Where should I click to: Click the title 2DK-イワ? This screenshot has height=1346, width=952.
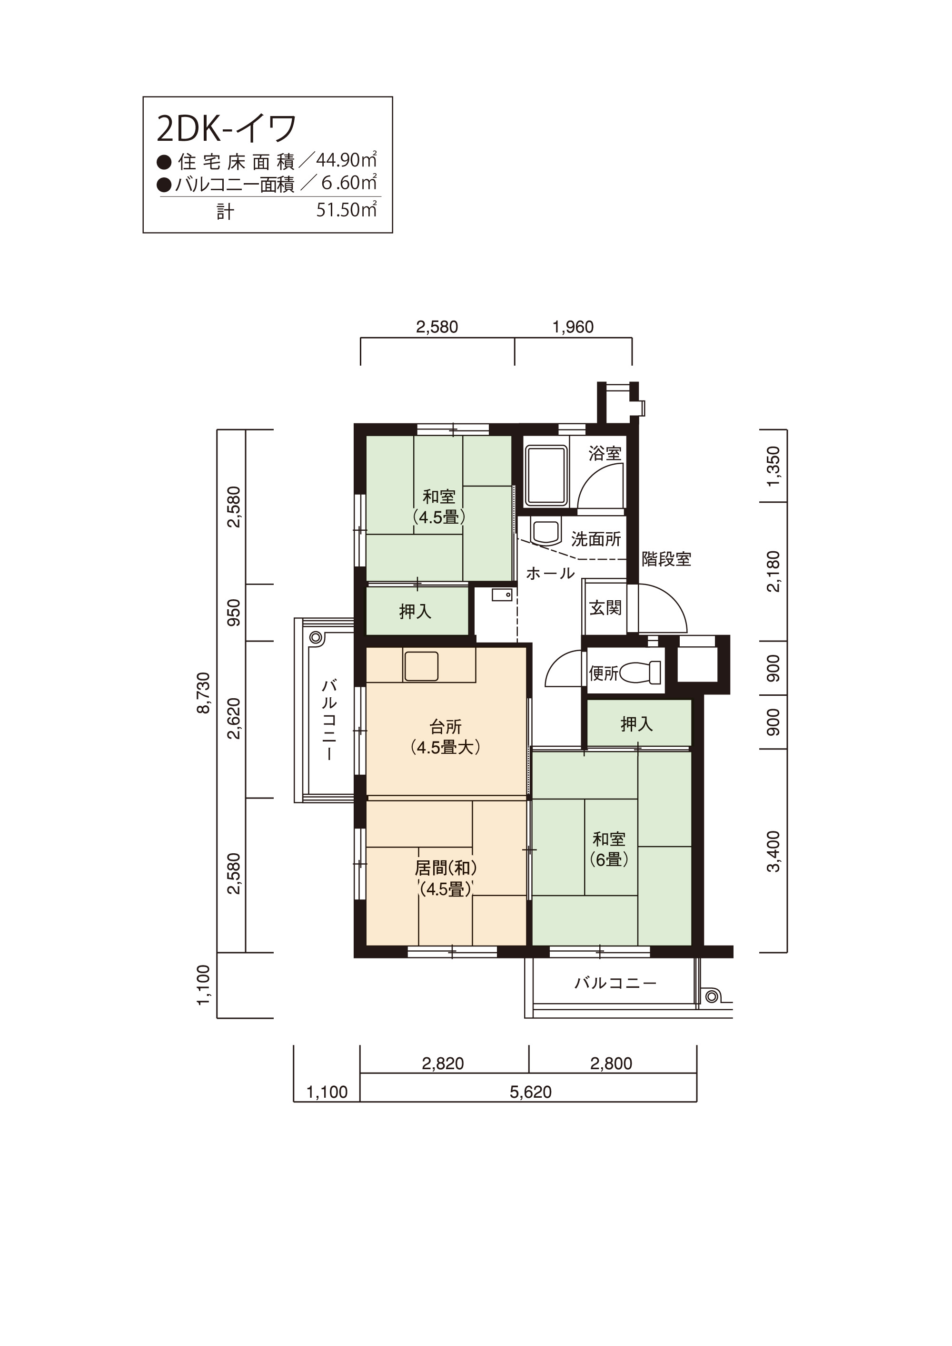(227, 129)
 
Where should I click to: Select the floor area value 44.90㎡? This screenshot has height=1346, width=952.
(346, 159)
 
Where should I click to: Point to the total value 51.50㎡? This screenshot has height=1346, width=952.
(346, 209)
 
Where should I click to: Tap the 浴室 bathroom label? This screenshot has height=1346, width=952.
(605, 453)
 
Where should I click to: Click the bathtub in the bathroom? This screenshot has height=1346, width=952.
(546, 476)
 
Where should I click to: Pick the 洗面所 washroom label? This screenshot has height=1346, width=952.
(596, 539)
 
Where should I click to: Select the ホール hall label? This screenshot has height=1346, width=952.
(550, 573)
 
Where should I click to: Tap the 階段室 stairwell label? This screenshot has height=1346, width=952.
(666, 559)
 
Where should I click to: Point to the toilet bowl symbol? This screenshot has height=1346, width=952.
(640, 673)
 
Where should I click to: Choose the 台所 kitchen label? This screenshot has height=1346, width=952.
(446, 727)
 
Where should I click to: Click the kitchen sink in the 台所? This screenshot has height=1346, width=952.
(421, 666)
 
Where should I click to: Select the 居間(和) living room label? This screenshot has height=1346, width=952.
(446, 868)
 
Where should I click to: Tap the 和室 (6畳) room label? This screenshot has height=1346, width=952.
(609, 849)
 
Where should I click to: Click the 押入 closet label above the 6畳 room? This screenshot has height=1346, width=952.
(636, 724)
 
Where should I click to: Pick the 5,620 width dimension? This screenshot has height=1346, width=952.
(530, 1092)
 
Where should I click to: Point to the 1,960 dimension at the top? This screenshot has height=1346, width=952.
(573, 327)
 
